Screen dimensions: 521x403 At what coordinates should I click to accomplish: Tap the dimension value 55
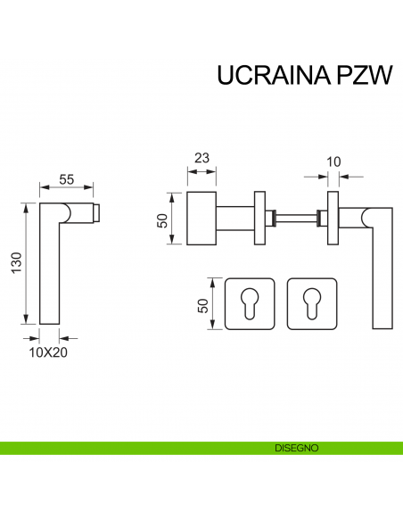click(x=66, y=178)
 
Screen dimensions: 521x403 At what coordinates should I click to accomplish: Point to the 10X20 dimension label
click(x=49, y=351)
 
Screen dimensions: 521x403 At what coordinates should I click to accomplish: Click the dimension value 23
click(x=201, y=159)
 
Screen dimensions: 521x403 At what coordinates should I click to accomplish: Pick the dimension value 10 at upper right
click(x=333, y=161)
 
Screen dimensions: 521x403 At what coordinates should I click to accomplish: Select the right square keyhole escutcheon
click(x=312, y=303)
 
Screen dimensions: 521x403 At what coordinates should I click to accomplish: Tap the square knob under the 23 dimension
click(x=201, y=217)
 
